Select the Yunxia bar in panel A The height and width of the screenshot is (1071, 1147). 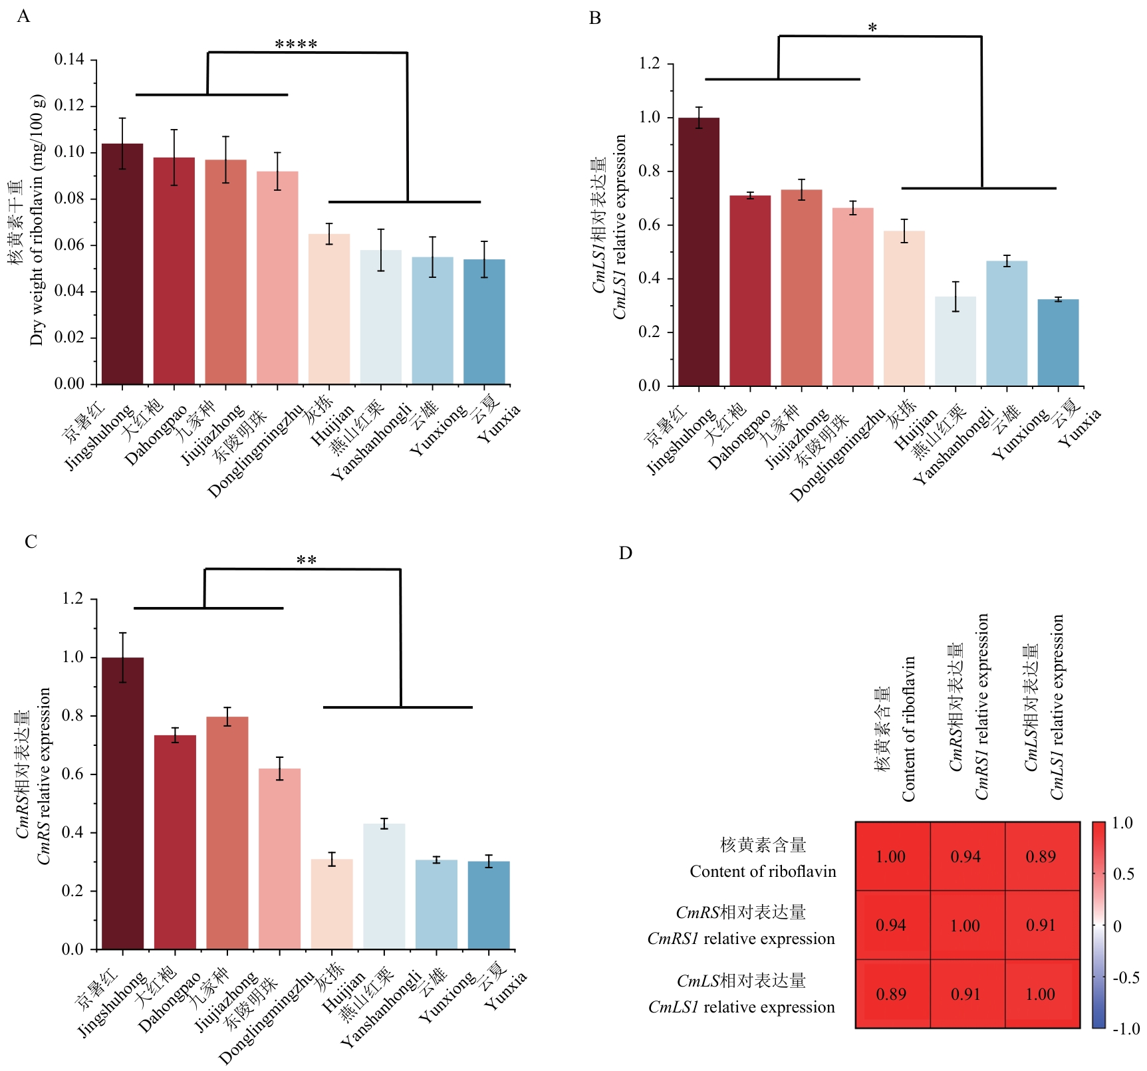point(484,322)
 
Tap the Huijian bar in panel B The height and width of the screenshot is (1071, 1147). point(904,308)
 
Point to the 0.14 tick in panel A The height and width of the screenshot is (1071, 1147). point(69,60)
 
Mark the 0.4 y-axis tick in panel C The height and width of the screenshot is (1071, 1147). point(72,833)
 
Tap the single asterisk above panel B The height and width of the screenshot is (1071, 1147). point(872,29)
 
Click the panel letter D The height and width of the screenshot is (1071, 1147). point(625,553)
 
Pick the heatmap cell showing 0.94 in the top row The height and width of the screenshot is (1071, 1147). point(965,857)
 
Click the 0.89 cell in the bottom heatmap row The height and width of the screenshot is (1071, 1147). point(891,994)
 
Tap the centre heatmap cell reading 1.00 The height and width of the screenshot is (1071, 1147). point(965,925)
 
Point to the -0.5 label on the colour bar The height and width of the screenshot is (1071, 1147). point(1126,977)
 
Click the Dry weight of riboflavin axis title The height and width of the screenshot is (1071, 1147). point(37,219)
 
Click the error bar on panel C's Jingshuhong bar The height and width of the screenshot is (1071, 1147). point(123,657)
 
